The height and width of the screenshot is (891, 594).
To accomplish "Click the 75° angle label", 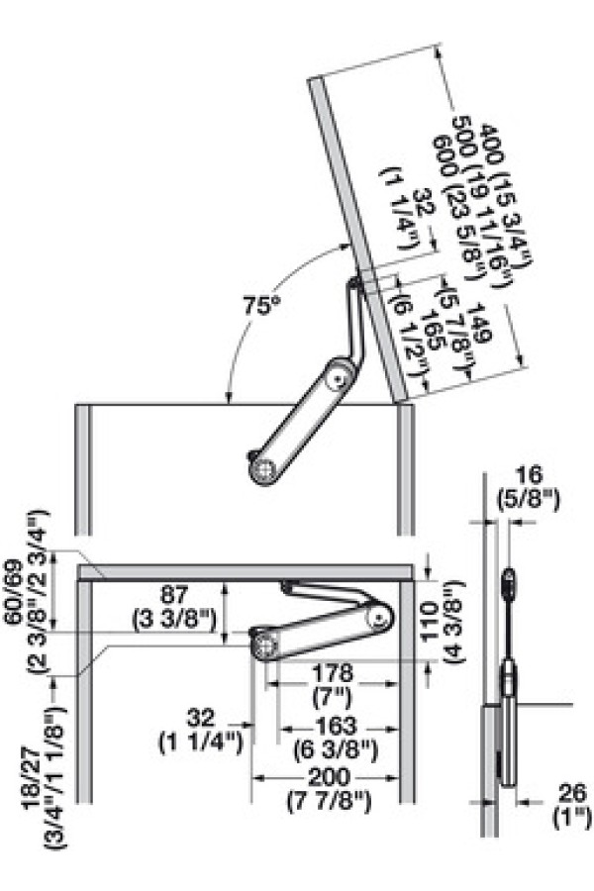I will (258, 307).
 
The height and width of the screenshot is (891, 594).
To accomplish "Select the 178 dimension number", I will (332, 672).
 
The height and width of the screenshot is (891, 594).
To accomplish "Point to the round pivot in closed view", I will (264, 645).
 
